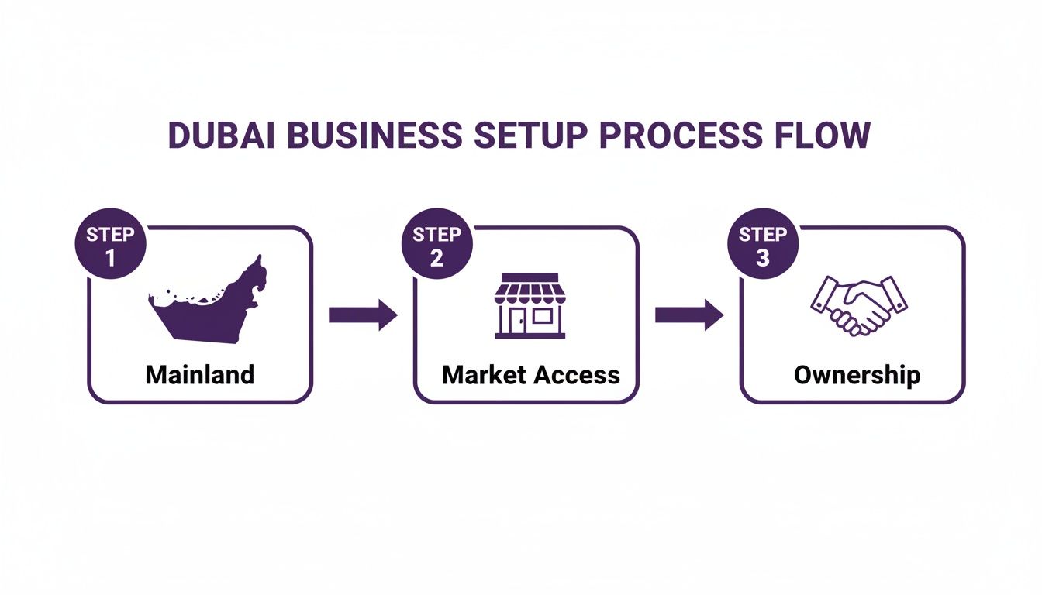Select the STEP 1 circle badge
point(110,245)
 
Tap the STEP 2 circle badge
point(436,245)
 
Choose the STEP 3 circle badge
point(763,245)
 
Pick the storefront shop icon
point(530,305)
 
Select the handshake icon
point(857,304)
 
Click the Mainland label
point(199,375)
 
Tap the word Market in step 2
point(484,375)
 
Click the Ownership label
point(857,375)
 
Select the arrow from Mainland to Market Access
point(362,315)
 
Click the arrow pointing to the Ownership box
point(688,315)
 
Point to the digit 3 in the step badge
point(763,258)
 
